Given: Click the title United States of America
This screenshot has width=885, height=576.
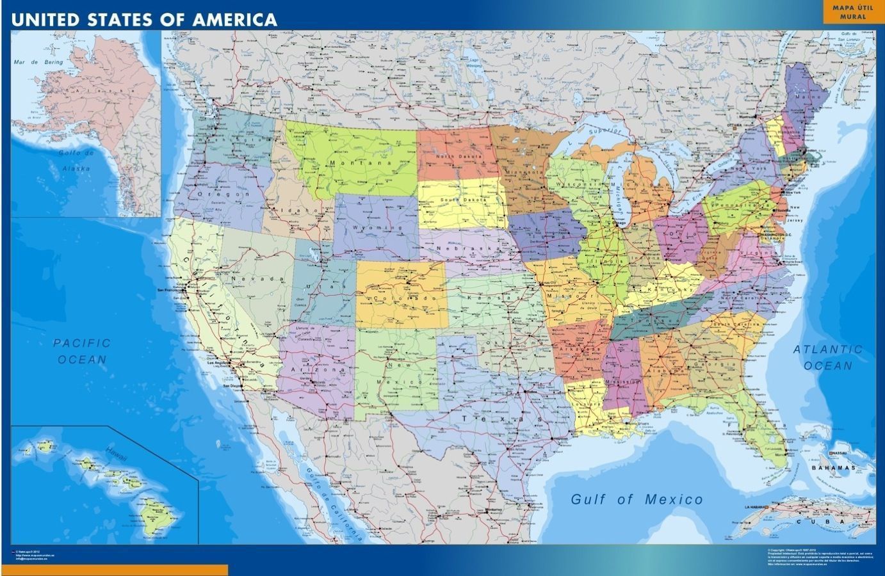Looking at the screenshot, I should (x=144, y=19).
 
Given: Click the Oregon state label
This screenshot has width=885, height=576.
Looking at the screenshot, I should (x=213, y=194).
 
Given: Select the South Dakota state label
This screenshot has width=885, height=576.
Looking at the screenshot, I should (x=464, y=200).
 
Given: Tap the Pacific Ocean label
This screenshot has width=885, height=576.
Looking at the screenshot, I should (x=82, y=351).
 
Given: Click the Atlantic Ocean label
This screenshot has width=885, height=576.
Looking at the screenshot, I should (x=828, y=357).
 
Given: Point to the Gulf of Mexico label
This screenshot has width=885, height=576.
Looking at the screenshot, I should (x=637, y=499).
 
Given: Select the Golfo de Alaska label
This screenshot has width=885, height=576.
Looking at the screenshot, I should (x=76, y=161).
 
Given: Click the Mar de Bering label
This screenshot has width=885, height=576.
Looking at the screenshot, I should (x=38, y=62).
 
